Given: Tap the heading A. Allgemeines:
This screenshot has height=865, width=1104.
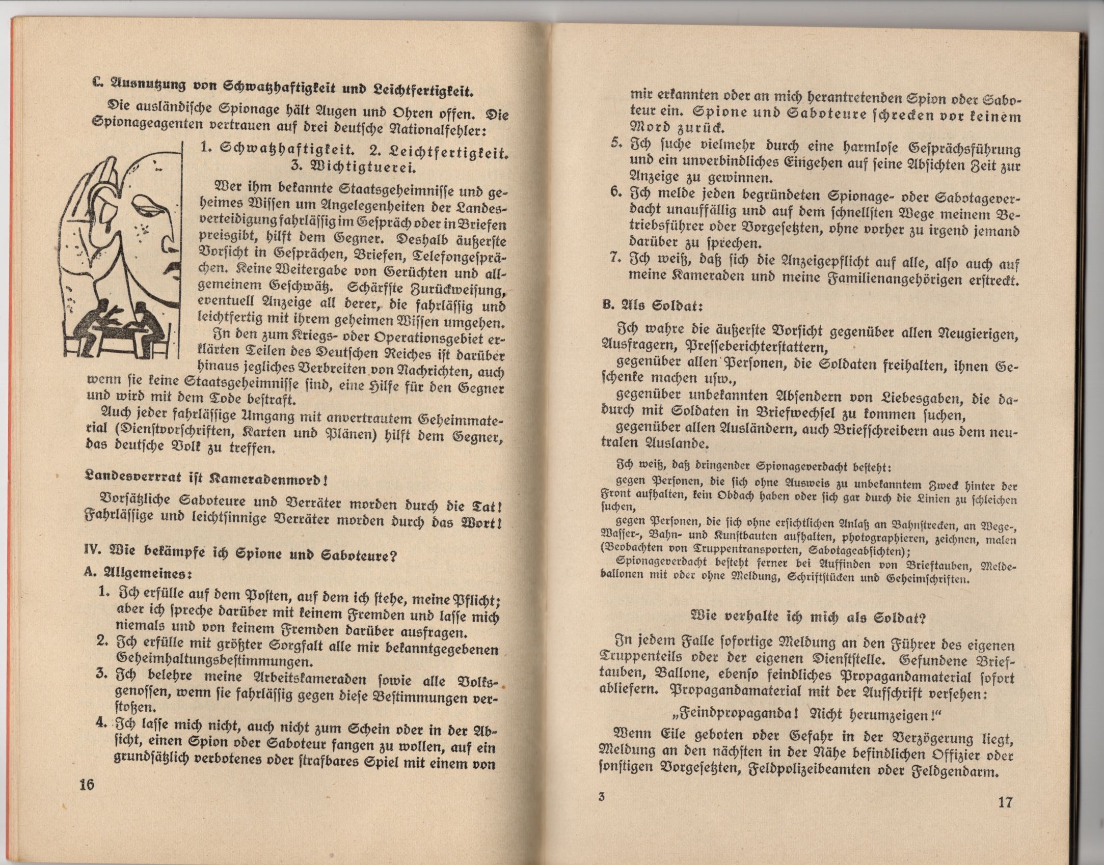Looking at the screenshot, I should [x=138, y=573].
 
